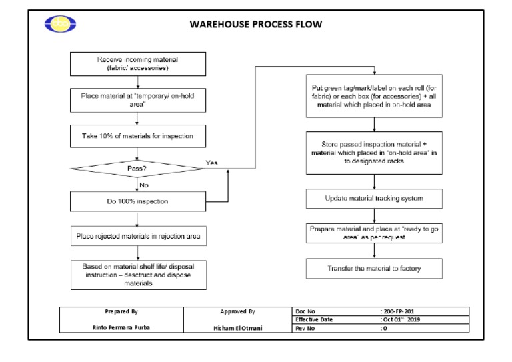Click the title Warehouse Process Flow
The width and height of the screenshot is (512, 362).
(256, 25)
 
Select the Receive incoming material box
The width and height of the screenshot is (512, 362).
(137, 64)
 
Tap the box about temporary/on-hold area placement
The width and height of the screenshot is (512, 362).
(137, 100)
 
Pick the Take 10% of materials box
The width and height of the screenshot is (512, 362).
(137, 136)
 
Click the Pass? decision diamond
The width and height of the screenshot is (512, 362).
(137, 169)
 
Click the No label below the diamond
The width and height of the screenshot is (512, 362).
(144, 185)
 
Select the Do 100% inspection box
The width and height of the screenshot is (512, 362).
(137, 201)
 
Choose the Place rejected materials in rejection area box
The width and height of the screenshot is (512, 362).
(137, 235)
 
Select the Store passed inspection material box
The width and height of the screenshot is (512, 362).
(374, 152)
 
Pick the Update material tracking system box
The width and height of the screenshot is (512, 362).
(374, 199)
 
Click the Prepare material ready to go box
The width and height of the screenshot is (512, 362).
(374, 233)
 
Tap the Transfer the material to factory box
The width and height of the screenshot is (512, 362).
(374, 269)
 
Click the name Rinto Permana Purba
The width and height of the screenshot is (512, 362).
(121, 327)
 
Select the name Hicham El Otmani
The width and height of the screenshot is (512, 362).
(237, 328)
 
